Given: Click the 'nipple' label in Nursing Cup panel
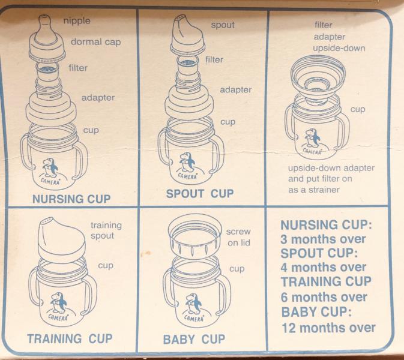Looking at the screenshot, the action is pyautogui.click(x=77, y=21).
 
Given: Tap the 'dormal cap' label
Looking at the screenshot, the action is pyautogui.click(x=95, y=42).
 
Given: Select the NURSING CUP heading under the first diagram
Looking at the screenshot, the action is pyautogui.click(x=71, y=199).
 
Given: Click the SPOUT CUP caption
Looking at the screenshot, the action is pyautogui.click(x=200, y=194).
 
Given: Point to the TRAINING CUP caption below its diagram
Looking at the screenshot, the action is pyautogui.click(x=70, y=338).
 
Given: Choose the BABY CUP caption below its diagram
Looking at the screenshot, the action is pyautogui.click(x=194, y=339).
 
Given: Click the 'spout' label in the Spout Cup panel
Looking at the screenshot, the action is pyautogui.click(x=223, y=25).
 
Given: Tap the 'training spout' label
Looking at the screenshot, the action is pyautogui.click(x=106, y=230).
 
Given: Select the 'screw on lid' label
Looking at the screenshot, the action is pyautogui.click(x=238, y=237).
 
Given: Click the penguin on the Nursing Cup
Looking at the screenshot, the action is pyautogui.click(x=50, y=167).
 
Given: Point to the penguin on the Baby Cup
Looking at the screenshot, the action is pyautogui.click(x=194, y=304).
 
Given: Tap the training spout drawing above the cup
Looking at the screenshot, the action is pyautogui.click(x=62, y=239).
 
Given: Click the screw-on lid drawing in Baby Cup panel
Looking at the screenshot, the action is pyautogui.click(x=194, y=237).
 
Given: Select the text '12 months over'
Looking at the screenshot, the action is pyautogui.click(x=329, y=328).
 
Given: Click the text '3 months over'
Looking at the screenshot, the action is pyautogui.click(x=323, y=239).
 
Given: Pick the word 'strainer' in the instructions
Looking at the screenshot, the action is pyautogui.click(x=324, y=190).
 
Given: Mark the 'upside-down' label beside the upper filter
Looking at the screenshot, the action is pyautogui.click(x=339, y=49).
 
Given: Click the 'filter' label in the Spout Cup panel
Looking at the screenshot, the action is pyautogui.click(x=214, y=60).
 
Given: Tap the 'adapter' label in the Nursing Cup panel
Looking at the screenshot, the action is pyautogui.click(x=98, y=98).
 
